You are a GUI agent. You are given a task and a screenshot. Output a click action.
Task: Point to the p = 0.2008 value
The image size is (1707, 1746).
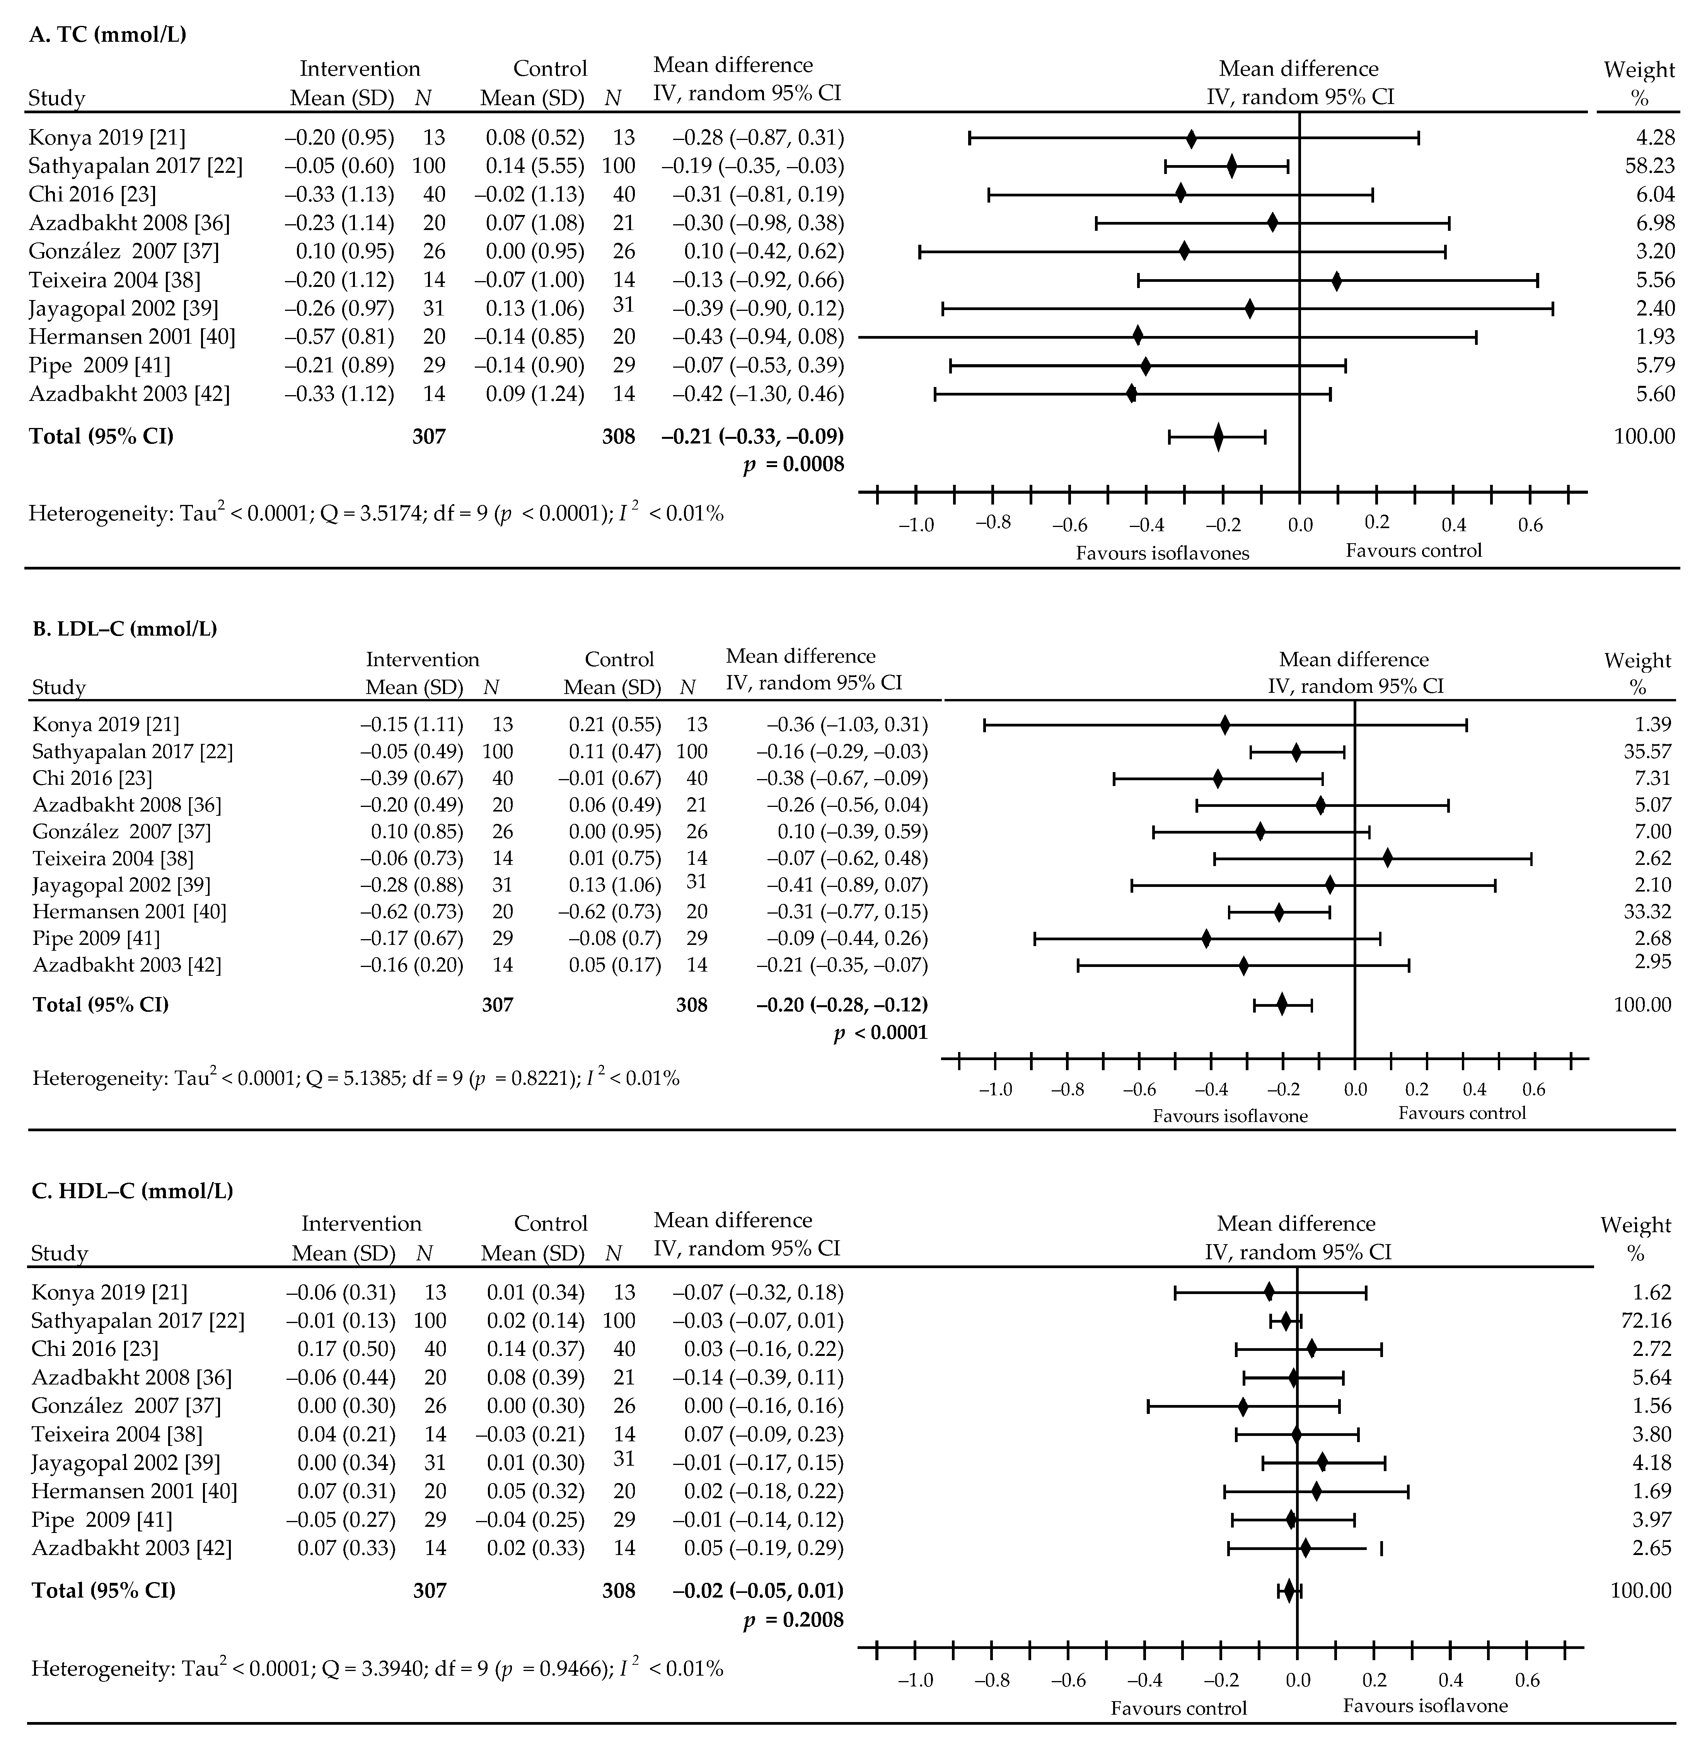[x=793, y=1620]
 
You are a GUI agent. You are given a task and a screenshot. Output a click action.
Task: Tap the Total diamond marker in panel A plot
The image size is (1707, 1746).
[x=1218, y=437]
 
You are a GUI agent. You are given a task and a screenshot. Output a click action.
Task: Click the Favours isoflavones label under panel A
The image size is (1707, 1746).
[x=1163, y=553]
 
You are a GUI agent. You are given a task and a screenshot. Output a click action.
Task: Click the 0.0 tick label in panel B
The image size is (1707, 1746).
[x=1355, y=1090]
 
